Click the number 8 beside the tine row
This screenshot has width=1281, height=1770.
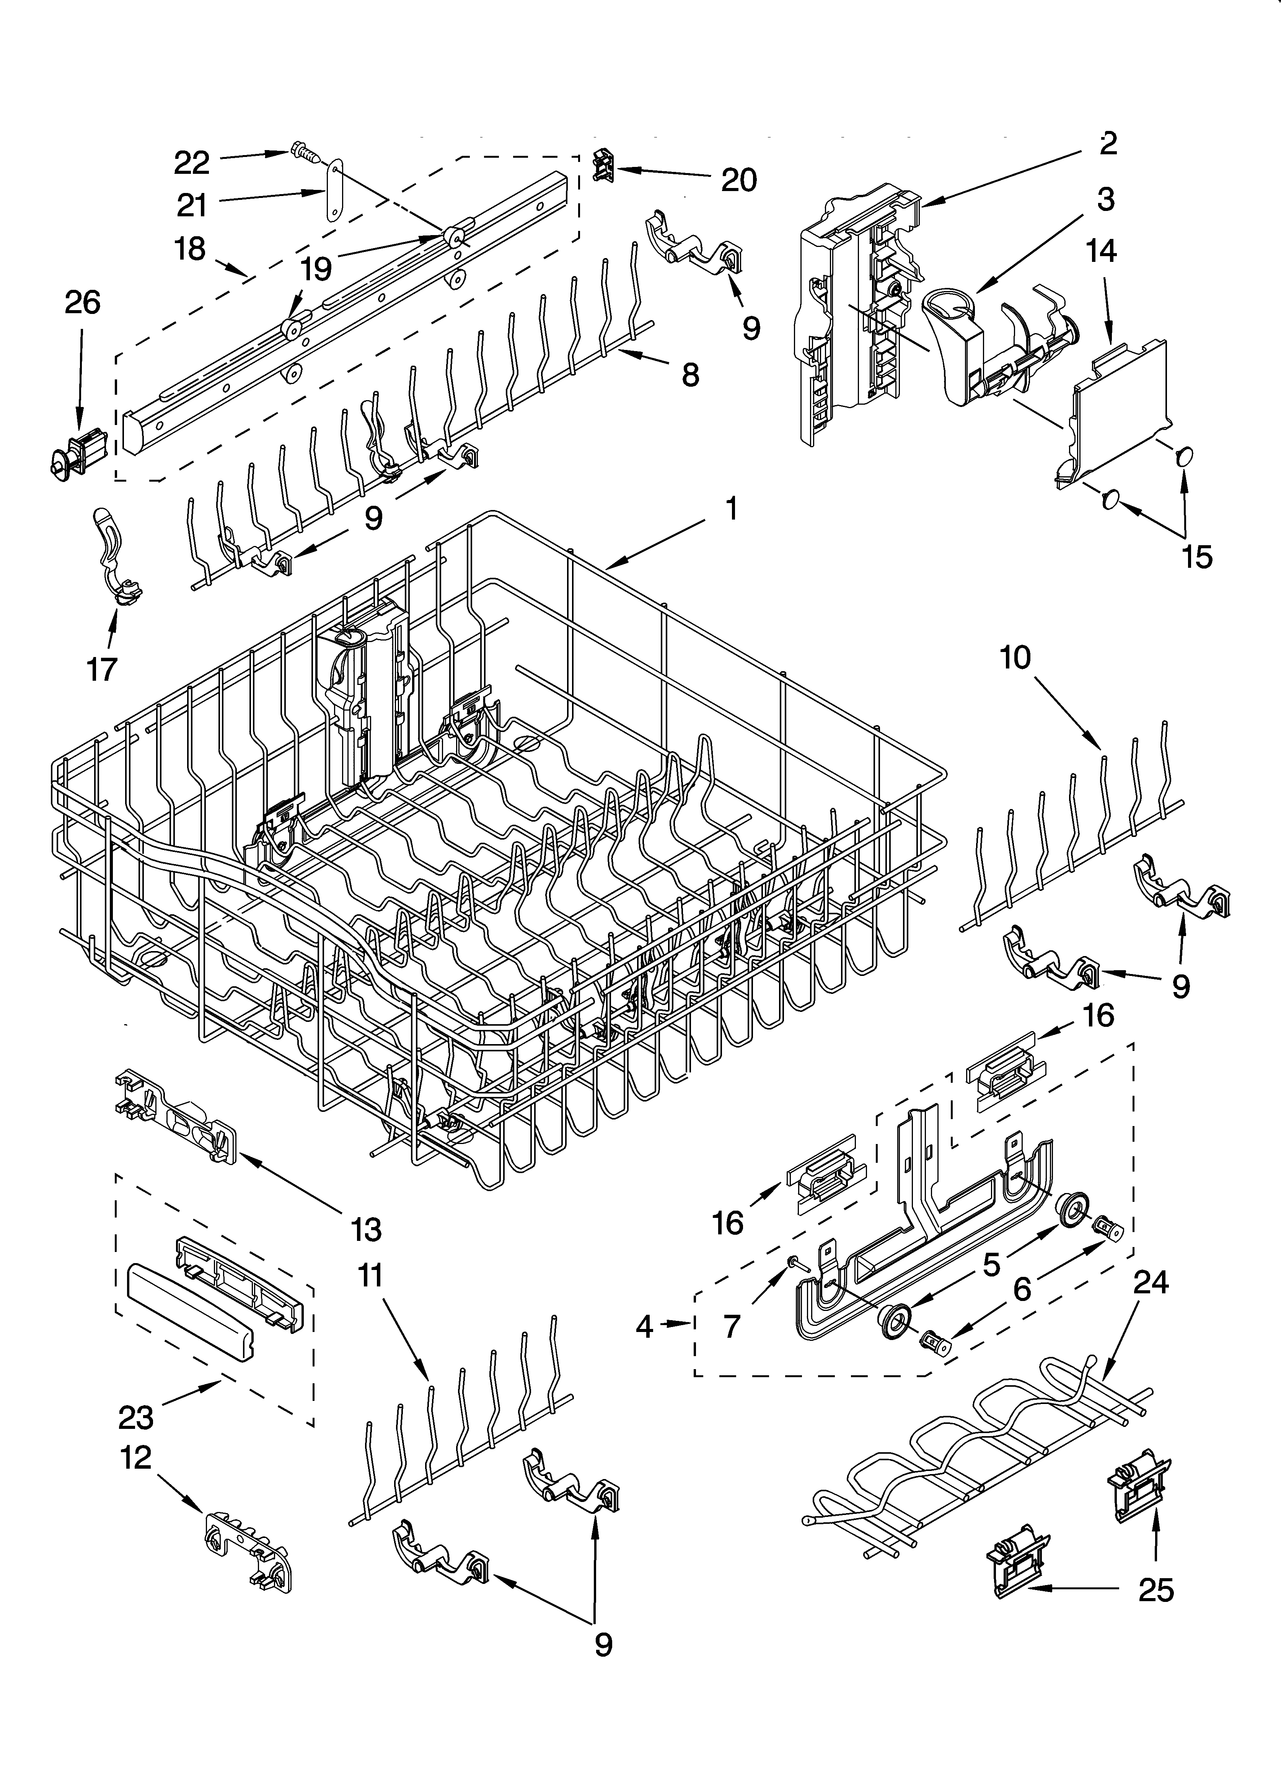[689, 375]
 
